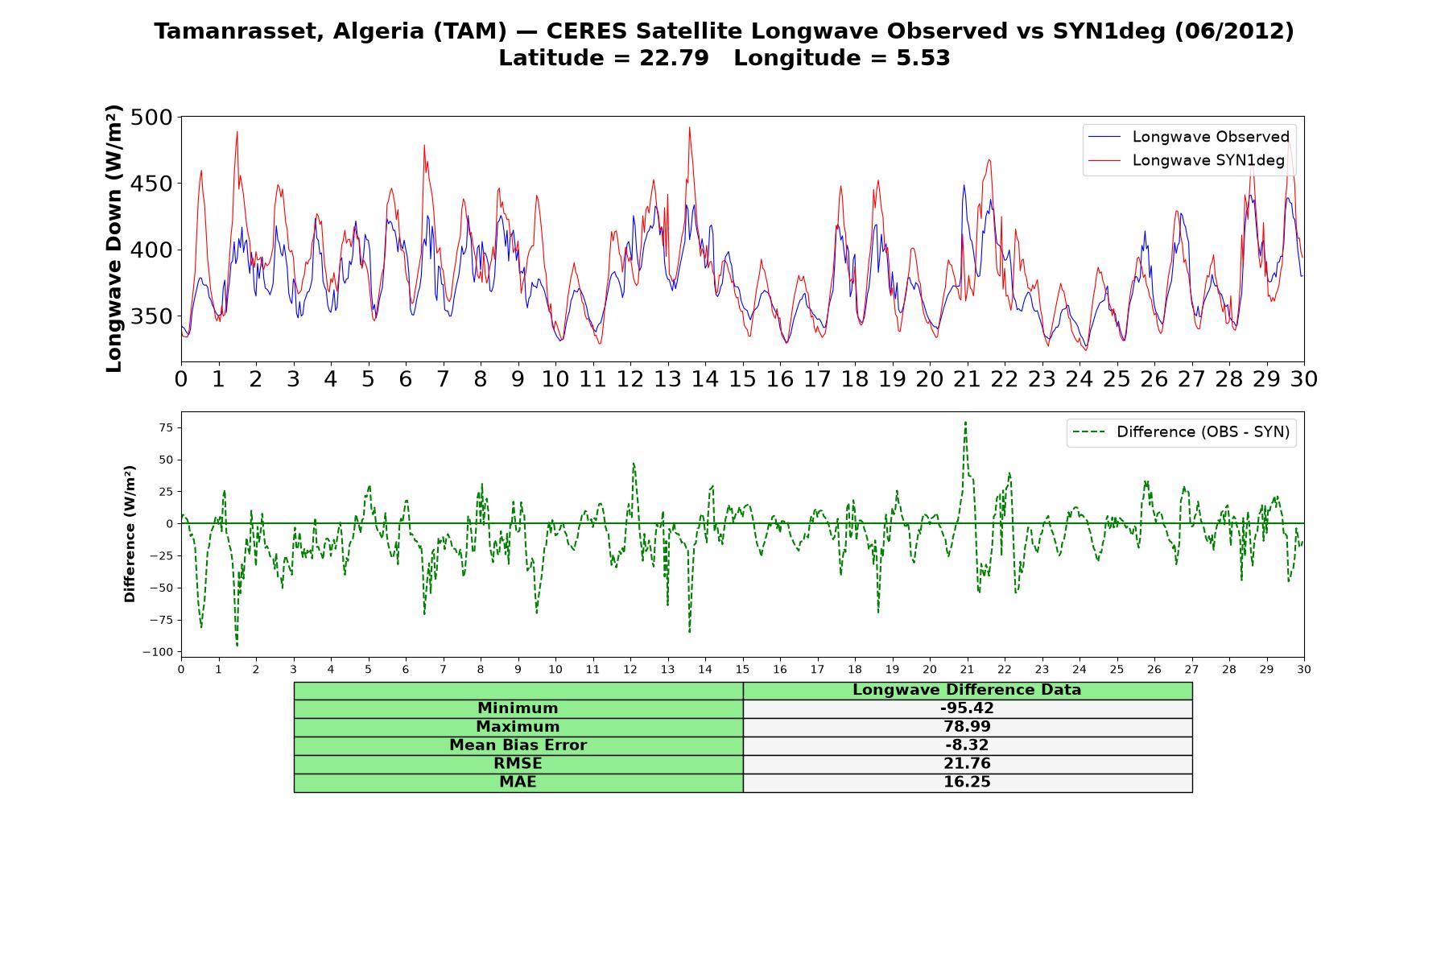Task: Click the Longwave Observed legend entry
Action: [x=1188, y=137]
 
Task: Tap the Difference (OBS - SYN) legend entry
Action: [x=1181, y=432]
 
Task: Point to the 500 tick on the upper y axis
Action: [x=151, y=118]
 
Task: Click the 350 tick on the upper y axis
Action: [x=151, y=316]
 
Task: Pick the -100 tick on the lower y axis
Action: [x=158, y=652]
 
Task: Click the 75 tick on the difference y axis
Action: [x=166, y=427]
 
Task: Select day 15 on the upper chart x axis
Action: [x=742, y=379]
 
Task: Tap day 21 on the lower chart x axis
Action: [x=967, y=670]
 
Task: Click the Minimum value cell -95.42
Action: [x=967, y=708]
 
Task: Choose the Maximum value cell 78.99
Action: [x=967, y=727]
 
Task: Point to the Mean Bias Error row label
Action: [x=518, y=745]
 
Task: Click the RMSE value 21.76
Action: [x=967, y=764]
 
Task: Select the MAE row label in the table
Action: [x=518, y=782]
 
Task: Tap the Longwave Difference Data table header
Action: [x=967, y=690]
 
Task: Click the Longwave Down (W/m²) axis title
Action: [x=114, y=238]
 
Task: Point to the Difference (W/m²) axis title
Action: [x=130, y=535]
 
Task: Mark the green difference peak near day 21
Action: [x=965, y=422]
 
